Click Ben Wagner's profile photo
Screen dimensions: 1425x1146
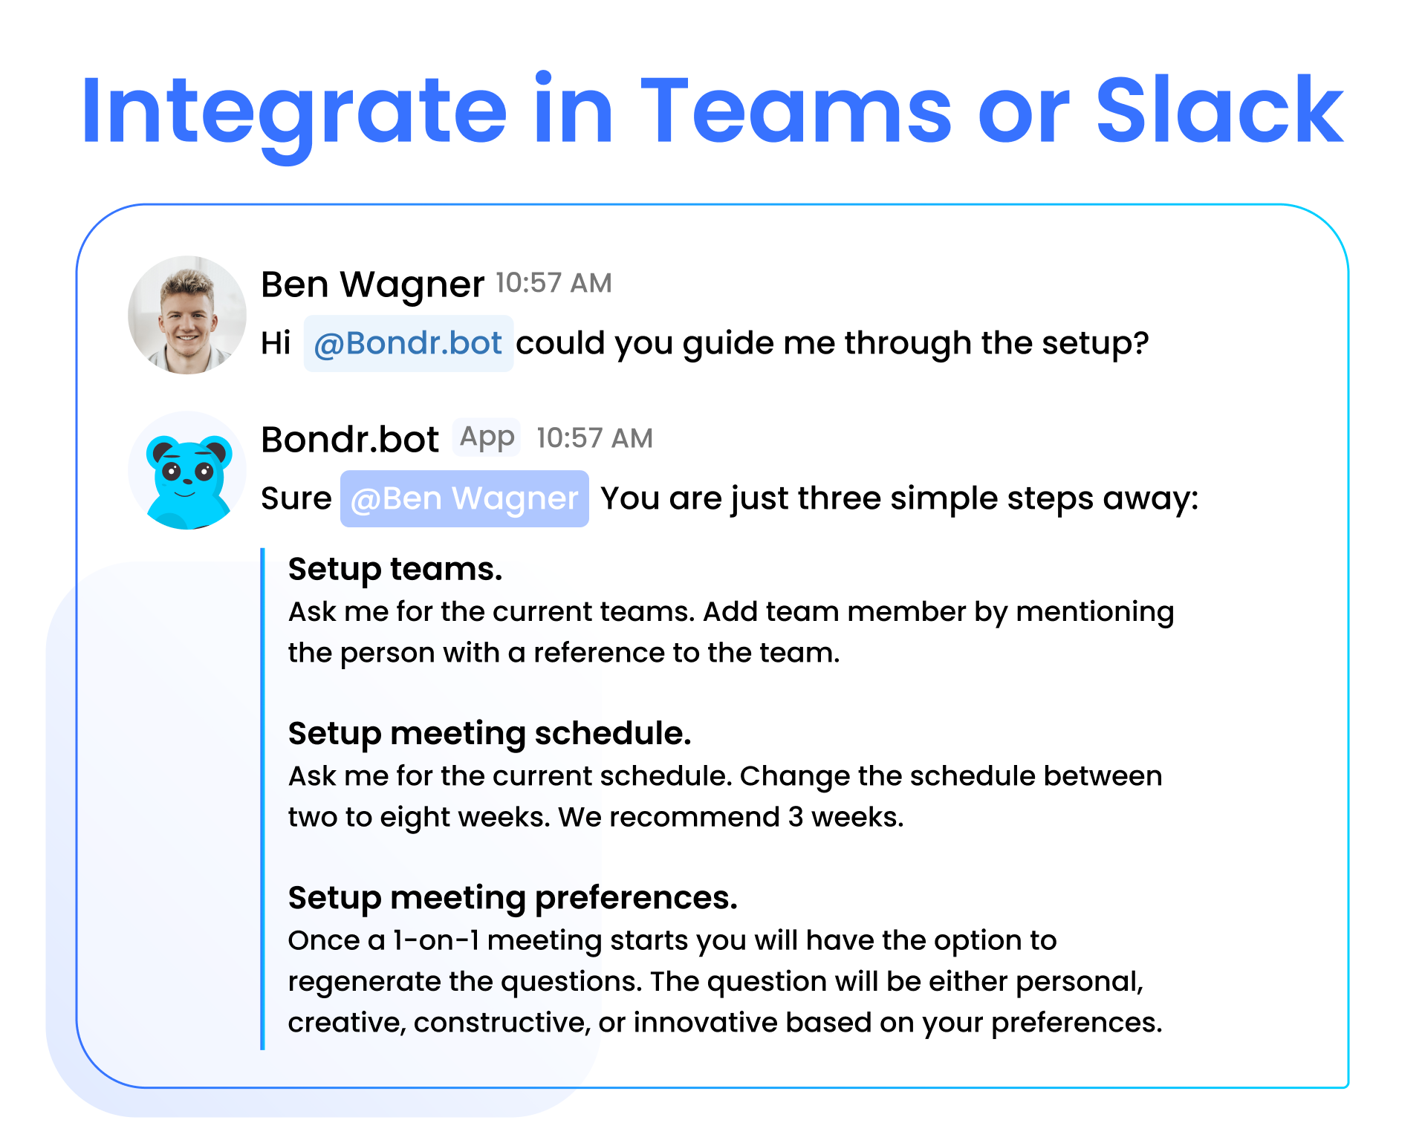point(187,315)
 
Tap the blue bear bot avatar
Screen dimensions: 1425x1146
point(187,470)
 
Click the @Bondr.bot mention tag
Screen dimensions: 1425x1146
point(408,343)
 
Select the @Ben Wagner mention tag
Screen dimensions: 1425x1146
point(464,498)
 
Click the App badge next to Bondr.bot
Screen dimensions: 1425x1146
point(487,437)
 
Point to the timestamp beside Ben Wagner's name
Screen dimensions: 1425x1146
point(554,283)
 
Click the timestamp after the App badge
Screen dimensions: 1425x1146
point(594,438)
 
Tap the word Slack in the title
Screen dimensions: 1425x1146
point(1219,110)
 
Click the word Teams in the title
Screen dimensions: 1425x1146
point(796,110)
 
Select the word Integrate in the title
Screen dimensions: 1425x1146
point(294,115)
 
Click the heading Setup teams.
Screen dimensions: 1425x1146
point(395,569)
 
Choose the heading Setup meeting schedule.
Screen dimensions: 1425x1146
point(490,734)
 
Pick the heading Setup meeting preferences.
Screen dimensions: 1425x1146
point(513,898)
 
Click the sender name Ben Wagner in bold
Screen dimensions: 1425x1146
point(372,284)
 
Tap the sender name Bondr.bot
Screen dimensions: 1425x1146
point(350,440)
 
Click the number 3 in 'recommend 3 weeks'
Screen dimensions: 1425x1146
point(796,817)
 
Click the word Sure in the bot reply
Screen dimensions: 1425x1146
point(296,498)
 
